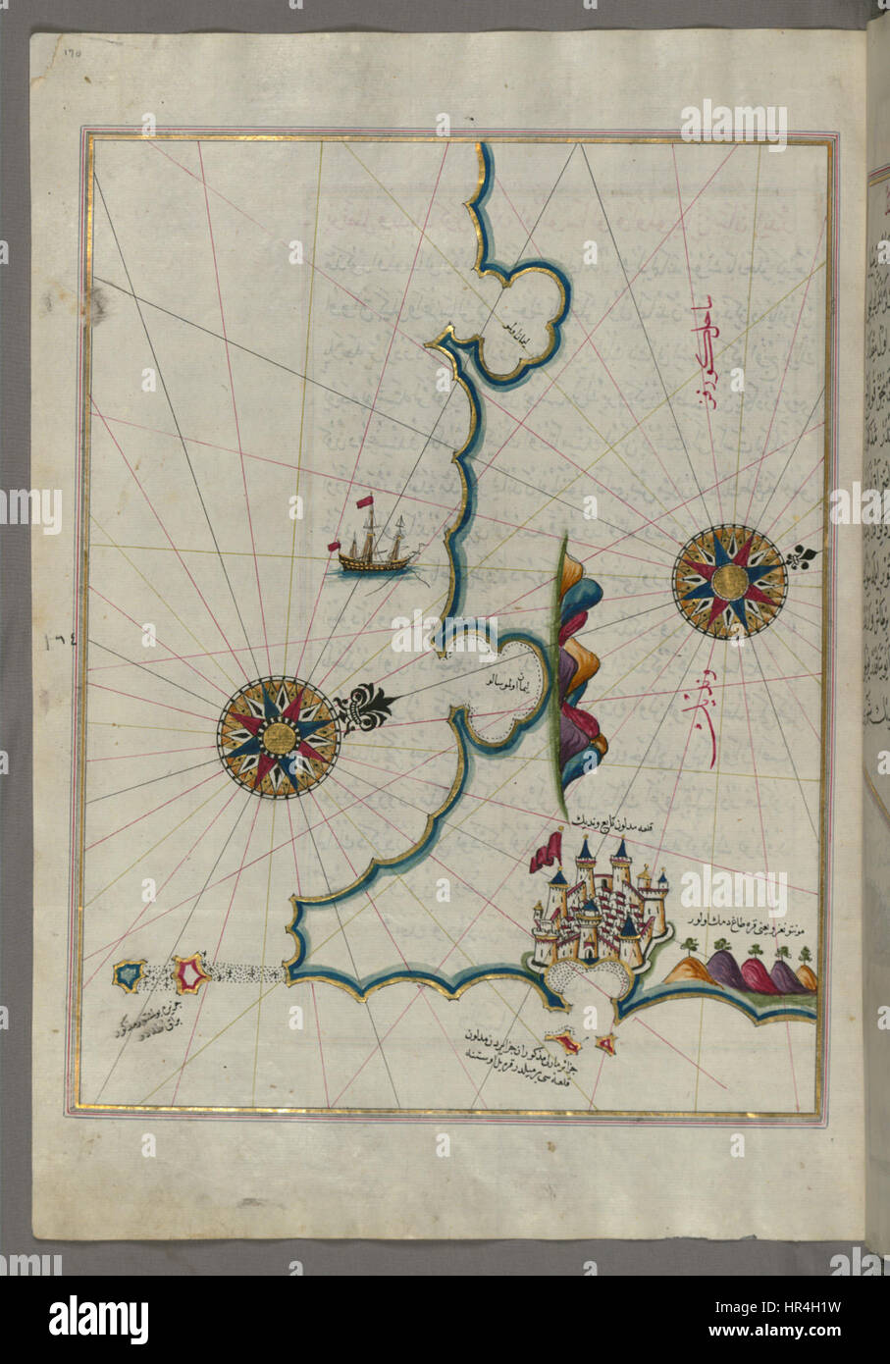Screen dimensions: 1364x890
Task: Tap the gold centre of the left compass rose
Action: pos(278,736)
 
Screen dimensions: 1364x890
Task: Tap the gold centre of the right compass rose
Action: pos(729,582)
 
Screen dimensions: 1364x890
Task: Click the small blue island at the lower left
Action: pos(128,974)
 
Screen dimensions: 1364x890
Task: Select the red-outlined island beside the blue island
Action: pos(190,973)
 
